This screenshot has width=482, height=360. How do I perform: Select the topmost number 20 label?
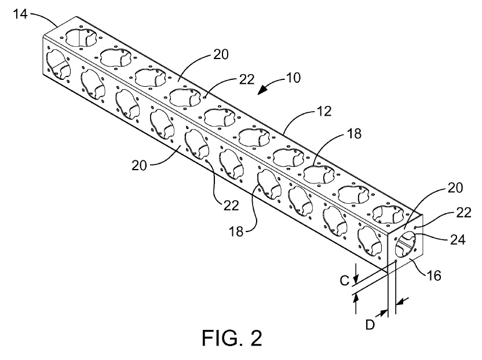(x=220, y=55)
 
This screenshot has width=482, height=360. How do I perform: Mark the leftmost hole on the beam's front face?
(x=57, y=64)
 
